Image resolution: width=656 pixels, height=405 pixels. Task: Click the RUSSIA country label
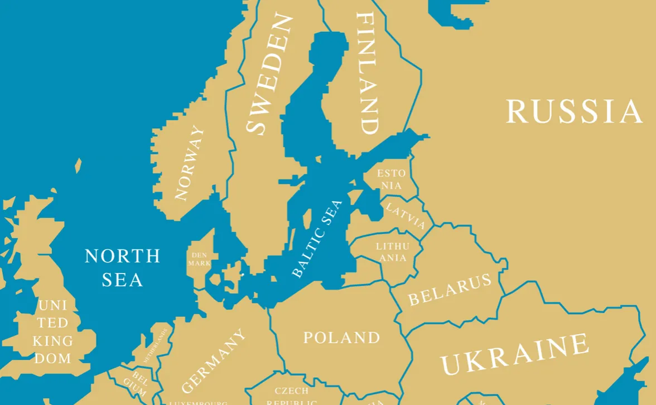point(575,111)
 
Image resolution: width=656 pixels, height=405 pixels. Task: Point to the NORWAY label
point(189,163)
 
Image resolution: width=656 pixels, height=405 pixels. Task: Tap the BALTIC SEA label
point(316,238)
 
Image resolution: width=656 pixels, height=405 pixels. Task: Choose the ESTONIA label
point(392,179)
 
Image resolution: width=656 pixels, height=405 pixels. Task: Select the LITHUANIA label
point(392,252)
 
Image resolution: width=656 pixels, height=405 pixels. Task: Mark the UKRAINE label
point(514,354)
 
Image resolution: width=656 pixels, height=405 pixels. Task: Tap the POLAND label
point(341,338)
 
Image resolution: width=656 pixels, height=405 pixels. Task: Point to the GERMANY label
point(213,361)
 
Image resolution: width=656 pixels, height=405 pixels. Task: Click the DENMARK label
point(199,259)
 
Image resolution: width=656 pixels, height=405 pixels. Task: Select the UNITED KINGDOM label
point(53,331)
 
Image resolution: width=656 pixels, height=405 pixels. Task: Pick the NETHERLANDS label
point(156,345)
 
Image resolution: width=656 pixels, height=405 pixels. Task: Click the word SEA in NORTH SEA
point(122,279)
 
